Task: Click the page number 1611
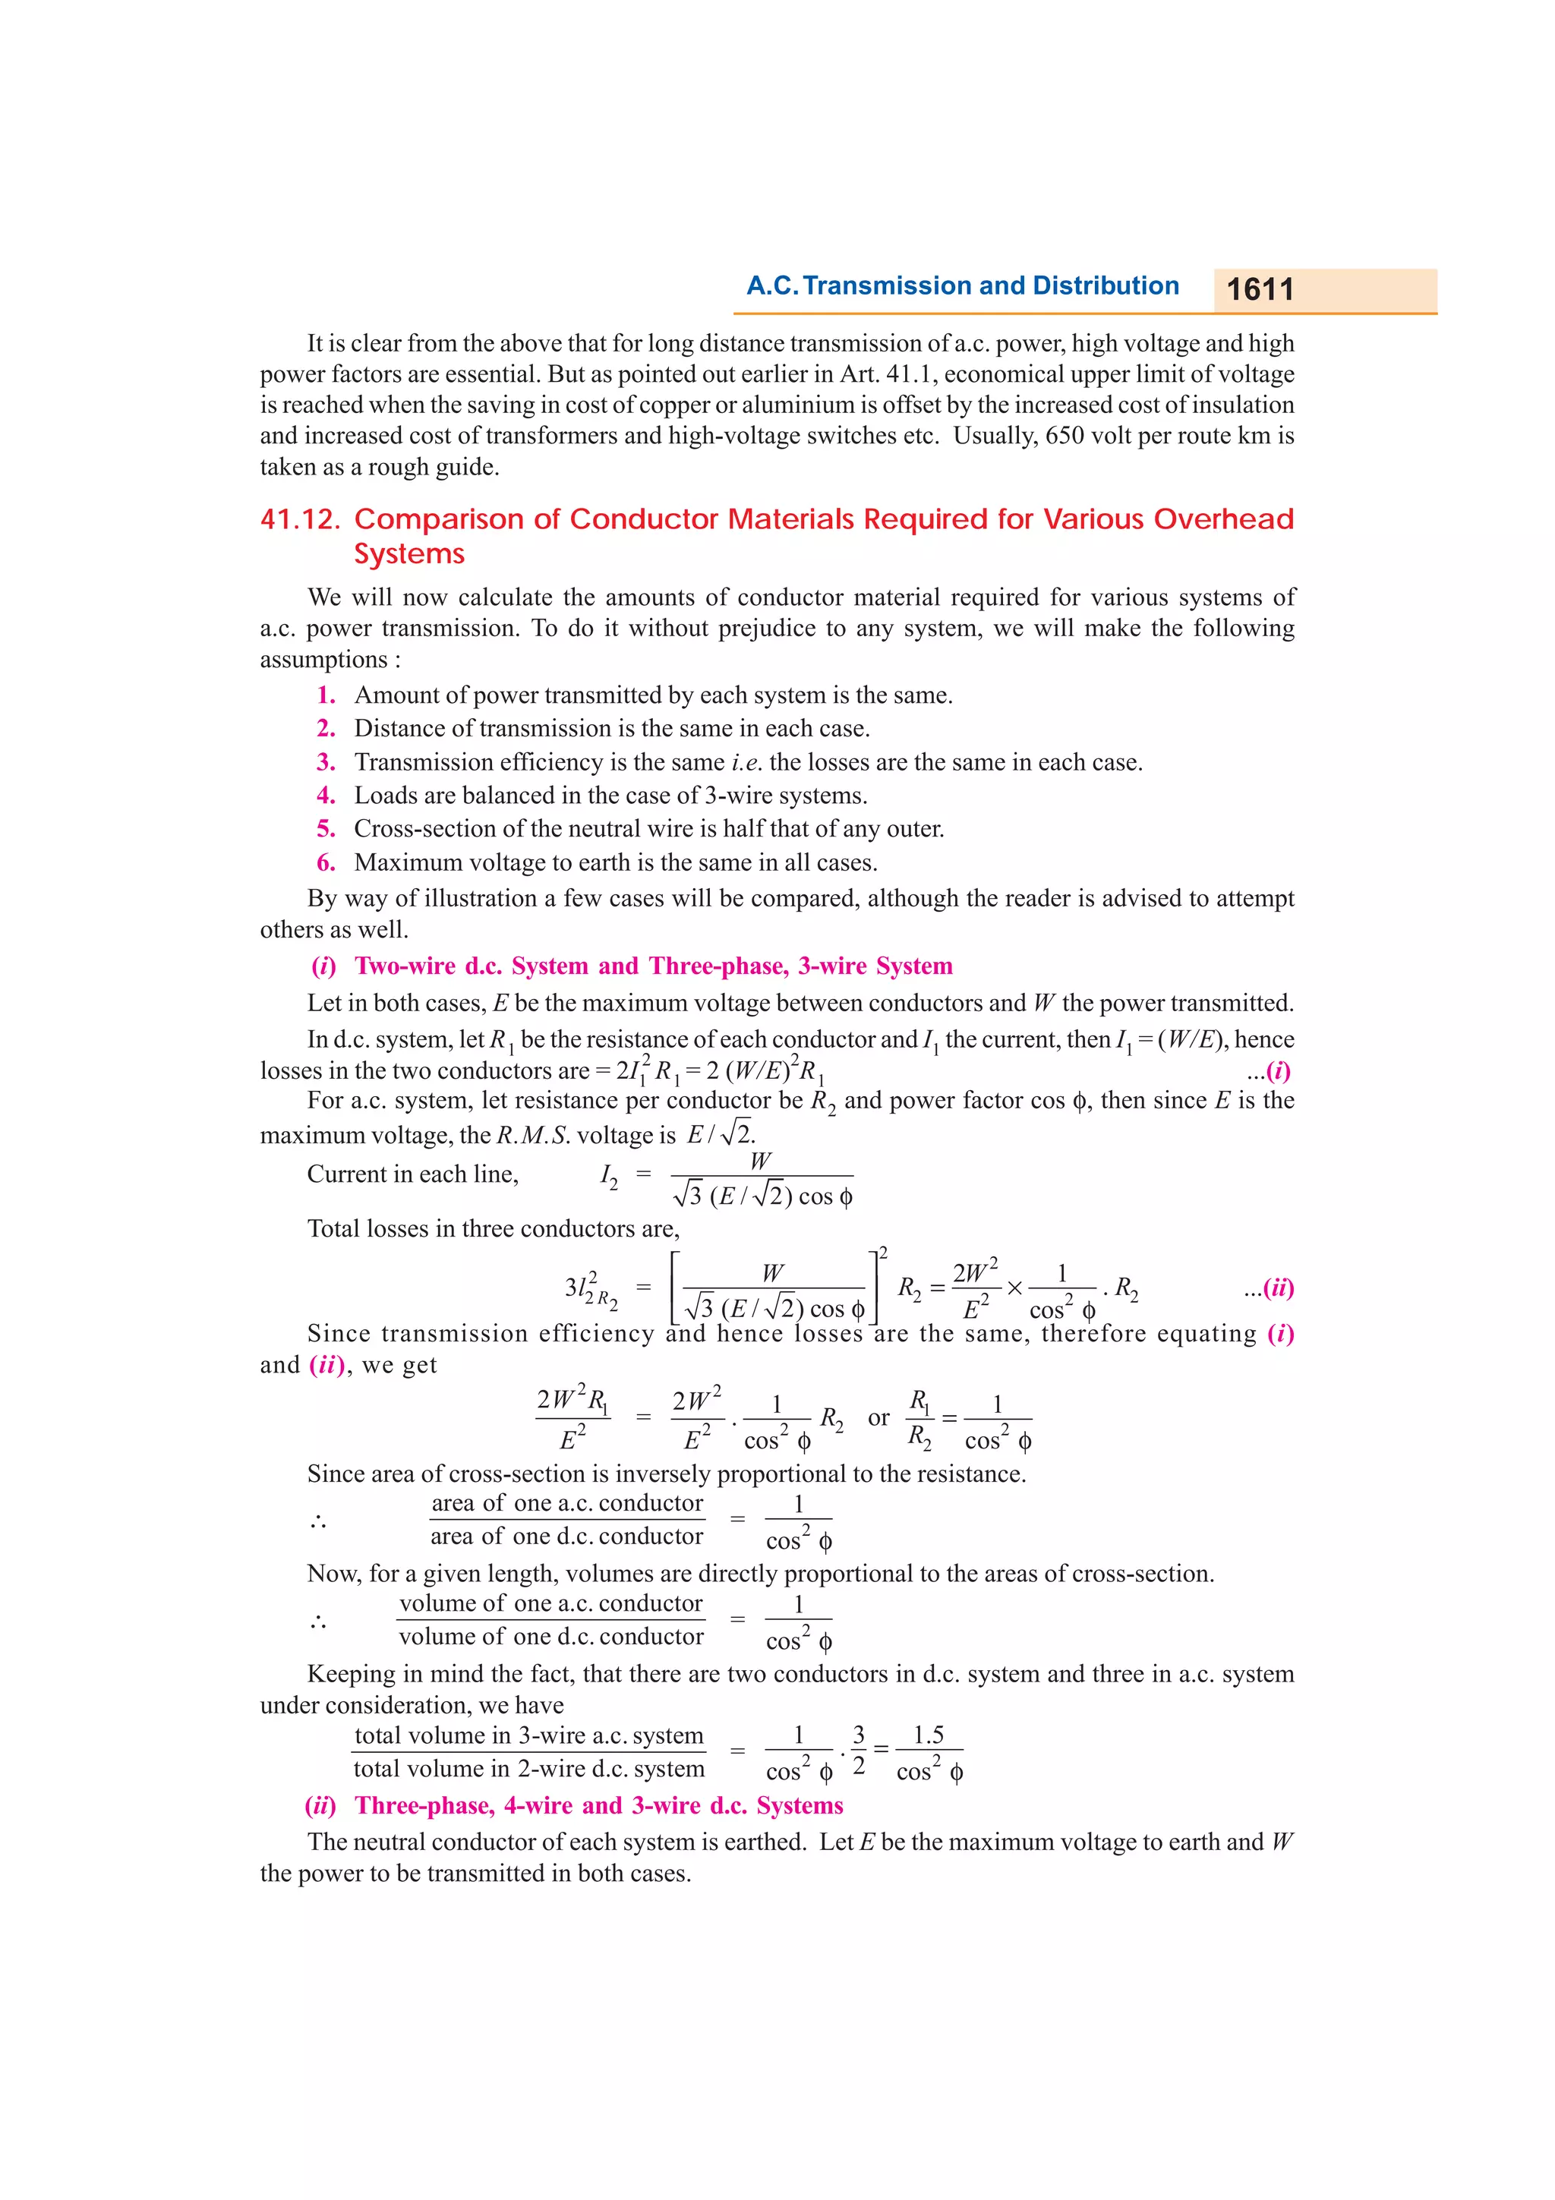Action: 1259,289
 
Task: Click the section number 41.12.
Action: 300,519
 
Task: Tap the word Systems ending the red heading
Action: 409,554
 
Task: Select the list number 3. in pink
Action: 326,761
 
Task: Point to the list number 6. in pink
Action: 326,862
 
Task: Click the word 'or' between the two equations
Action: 878,1417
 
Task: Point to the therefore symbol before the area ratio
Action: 318,1521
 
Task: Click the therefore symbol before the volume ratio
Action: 318,1622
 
